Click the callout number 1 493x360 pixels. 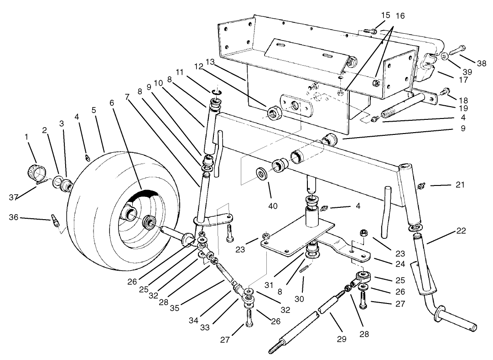pos(27,136)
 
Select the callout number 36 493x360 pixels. pos(14,217)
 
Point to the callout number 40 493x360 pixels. pos(273,206)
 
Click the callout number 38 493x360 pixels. pos(481,63)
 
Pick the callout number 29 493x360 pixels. pos(342,339)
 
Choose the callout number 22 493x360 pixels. pos(461,231)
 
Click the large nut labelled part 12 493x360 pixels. pos(275,111)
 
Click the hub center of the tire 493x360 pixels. pos(149,223)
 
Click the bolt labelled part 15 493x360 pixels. pos(371,31)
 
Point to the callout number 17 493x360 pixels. pos(464,79)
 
